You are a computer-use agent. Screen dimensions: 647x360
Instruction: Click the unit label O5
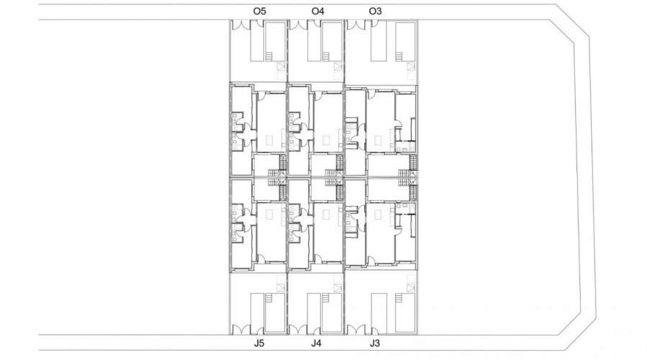coord(260,11)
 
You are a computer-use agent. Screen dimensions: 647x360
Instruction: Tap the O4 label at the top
coord(317,11)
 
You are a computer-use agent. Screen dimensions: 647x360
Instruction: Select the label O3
coord(375,11)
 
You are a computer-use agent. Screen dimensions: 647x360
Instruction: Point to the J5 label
coord(259,343)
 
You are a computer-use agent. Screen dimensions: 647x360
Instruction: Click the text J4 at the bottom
coord(316,343)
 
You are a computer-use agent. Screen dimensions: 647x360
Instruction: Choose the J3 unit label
coord(375,343)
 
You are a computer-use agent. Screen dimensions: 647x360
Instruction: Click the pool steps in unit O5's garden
coord(268,57)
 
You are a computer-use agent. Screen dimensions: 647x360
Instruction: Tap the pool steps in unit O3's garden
coord(399,57)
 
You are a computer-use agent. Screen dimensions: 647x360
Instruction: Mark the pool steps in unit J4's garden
coord(326,297)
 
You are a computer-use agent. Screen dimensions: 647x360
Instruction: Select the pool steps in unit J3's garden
coord(399,297)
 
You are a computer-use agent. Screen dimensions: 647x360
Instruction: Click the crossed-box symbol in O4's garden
coord(339,67)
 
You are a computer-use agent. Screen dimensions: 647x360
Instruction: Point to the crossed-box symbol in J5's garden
coord(281,287)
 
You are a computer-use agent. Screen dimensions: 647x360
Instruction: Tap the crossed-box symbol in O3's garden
coord(411,67)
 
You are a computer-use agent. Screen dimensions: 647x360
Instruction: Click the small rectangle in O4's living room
coord(327,140)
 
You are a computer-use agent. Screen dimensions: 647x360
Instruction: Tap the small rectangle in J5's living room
coord(269,215)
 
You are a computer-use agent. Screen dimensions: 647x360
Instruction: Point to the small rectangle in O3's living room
coord(378,140)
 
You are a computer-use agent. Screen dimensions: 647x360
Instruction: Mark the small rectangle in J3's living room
coord(378,215)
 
